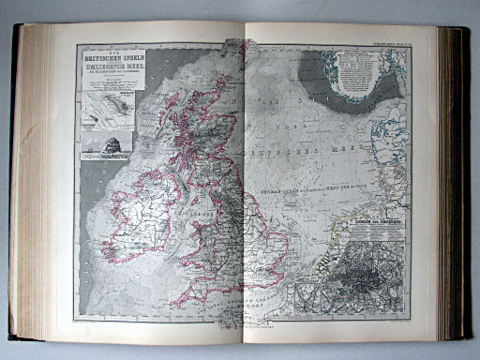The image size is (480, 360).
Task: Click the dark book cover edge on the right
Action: [x=458, y=187]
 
